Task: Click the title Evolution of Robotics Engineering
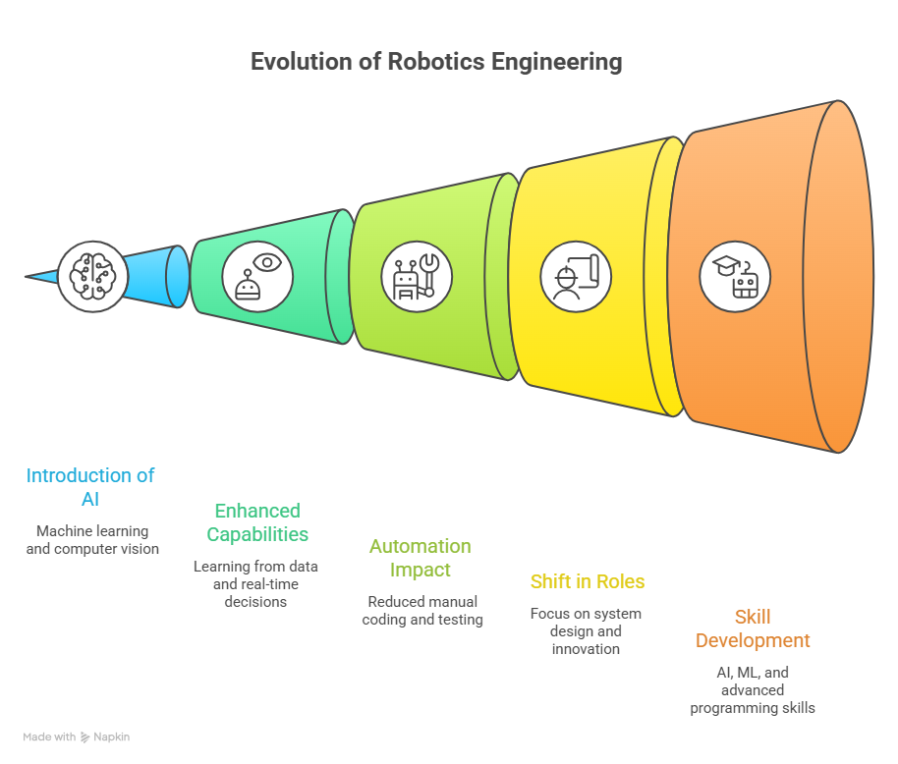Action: (436, 62)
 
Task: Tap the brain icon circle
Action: (92, 276)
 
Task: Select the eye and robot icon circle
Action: (257, 276)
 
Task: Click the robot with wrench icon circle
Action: (417, 276)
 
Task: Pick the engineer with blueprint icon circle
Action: (576, 276)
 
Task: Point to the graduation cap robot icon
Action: (735, 276)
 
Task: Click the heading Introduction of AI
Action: (90, 487)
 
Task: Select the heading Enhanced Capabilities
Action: (257, 522)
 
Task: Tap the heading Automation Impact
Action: (421, 558)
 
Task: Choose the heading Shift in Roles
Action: (588, 581)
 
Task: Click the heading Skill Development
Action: (753, 628)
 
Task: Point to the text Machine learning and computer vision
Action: (92, 540)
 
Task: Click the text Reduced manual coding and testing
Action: (422, 611)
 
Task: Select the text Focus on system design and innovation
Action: (586, 631)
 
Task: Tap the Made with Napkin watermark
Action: (77, 737)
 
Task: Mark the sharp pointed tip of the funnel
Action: (26, 276)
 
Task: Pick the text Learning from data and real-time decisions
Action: (255, 583)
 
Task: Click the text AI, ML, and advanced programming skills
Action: (753, 690)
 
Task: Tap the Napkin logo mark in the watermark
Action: (84, 737)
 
